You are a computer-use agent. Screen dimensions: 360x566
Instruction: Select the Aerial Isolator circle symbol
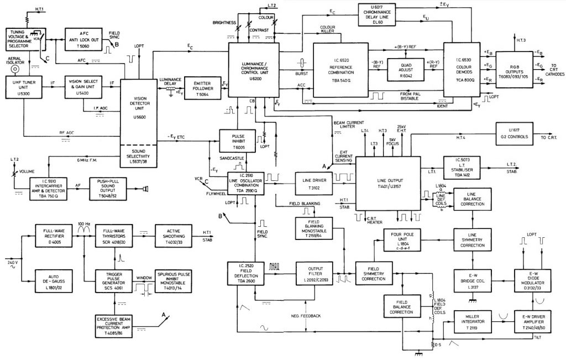[x=17, y=70]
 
